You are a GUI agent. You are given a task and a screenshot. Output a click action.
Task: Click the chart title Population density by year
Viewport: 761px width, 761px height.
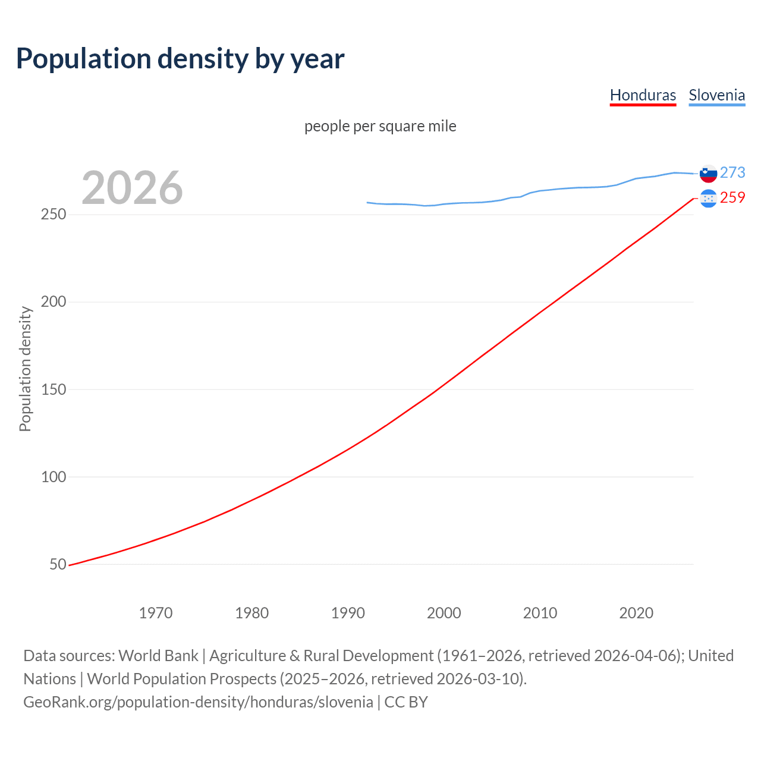click(180, 59)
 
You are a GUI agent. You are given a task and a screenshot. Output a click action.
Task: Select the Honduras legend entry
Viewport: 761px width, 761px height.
click(643, 95)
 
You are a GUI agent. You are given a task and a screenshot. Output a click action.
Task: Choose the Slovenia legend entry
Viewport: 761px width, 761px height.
click(716, 95)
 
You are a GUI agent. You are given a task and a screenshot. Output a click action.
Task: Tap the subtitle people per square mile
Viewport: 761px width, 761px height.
click(380, 126)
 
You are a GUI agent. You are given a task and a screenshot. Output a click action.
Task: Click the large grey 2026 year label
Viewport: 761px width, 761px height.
click(132, 188)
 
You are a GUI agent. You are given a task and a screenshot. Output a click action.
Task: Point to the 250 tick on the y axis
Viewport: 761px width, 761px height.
click(54, 214)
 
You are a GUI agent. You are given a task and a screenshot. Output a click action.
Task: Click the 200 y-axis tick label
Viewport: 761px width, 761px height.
click(54, 301)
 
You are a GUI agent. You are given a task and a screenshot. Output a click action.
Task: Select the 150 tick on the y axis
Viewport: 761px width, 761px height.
click(54, 389)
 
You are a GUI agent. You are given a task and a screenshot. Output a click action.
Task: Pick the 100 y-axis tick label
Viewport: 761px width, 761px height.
click(54, 477)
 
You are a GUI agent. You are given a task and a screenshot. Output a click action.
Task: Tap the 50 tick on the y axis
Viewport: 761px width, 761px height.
click(58, 564)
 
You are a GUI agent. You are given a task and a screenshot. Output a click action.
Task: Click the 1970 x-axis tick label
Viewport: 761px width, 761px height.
click(156, 613)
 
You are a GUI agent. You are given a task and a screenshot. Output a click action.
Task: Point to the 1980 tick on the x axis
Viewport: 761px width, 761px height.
click(252, 613)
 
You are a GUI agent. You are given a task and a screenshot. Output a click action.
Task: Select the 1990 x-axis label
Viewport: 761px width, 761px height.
click(348, 613)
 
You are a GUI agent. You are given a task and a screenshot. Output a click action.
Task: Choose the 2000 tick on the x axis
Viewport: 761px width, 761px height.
click(444, 613)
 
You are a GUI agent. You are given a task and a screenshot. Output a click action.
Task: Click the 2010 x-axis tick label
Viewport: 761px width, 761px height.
click(540, 613)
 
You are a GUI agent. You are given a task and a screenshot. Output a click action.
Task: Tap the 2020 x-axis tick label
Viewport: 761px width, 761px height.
click(636, 613)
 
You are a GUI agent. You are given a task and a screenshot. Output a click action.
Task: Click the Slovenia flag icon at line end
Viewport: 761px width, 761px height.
click(708, 174)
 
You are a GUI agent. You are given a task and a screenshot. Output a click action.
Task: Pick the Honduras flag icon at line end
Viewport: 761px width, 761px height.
click(708, 198)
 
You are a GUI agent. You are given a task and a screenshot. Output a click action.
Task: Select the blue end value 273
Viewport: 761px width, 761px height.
click(732, 172)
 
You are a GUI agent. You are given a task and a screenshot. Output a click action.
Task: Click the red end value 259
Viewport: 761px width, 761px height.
click(732, 197)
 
